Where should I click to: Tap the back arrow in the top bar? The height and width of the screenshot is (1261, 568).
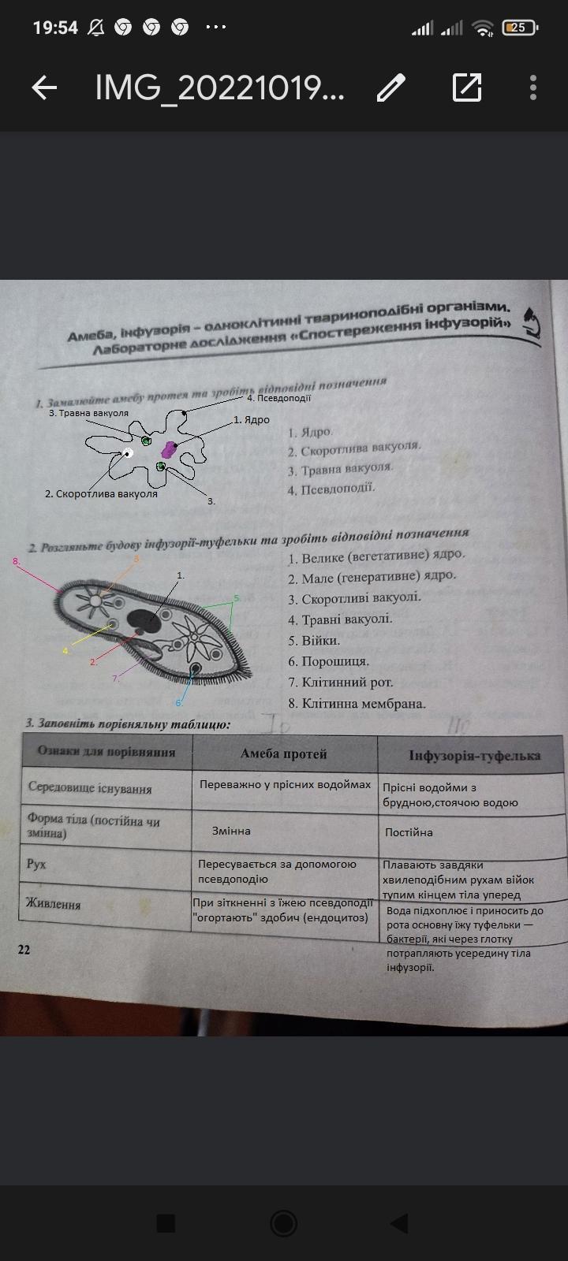tap(44, 87)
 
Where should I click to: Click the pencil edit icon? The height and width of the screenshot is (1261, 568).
tap(390, 87)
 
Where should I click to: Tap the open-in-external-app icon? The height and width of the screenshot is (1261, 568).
tap(467, 87)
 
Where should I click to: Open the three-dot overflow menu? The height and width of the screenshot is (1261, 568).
tap(534, 87)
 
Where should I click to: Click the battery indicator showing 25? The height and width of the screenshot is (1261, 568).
tap(519, 28)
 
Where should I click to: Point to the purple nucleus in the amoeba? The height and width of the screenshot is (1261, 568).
tap(168, 450)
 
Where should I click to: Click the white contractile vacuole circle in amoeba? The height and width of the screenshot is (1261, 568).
tap(128, 452)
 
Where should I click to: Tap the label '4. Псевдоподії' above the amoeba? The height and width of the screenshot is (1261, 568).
tap(278, 398)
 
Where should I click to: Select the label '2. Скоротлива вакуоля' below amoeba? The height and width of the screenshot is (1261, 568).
tap(101, 494)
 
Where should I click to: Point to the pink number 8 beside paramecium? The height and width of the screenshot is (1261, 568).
tap(15, 561)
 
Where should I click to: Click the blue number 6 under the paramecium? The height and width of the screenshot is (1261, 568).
tap(179, 702)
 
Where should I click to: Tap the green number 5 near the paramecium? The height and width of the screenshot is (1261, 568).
tap(236, 598)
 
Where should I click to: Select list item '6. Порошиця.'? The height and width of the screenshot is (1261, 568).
tap(329, 661)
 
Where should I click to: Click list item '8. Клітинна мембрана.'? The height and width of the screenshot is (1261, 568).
tap(357, 704)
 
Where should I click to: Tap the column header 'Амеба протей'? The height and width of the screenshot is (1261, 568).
tap(283, 754)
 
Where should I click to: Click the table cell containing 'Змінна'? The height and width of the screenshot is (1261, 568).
tap(231, 831)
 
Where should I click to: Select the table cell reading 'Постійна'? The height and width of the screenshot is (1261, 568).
tap(409, 832)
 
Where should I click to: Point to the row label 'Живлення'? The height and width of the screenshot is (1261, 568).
tap(54, 904)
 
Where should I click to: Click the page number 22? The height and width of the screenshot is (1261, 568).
tap(24, 950)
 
